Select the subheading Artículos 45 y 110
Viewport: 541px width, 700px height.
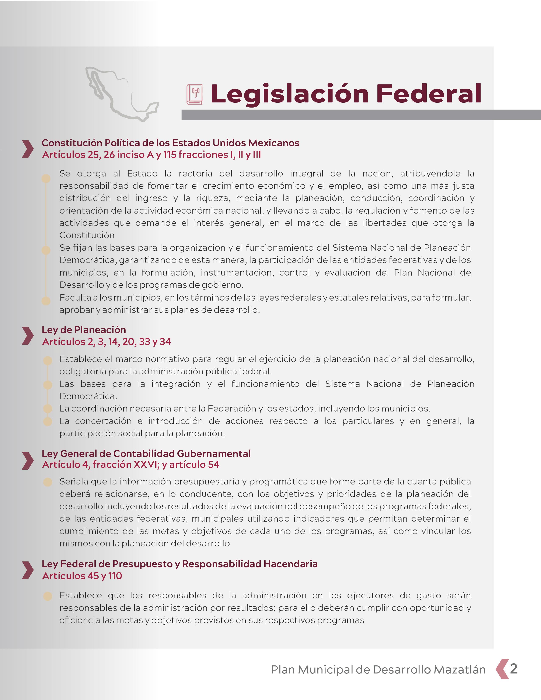pyautogui.click(x=82, y=576)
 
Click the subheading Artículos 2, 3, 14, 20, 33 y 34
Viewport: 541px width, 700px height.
pyautogui.click(x=107, y=342)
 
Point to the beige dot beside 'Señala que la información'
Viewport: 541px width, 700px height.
pyautogui.click(x=48, y=482)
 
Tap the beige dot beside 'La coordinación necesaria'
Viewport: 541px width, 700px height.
pyautogui.click(x=48, y=409)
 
